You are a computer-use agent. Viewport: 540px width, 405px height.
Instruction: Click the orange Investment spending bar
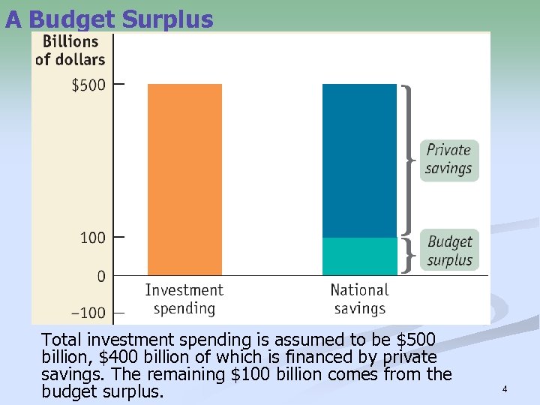point(184,179)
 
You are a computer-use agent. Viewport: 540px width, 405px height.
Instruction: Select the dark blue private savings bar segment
point(359,160)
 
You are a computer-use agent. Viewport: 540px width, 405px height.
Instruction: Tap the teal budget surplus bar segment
point(359,256)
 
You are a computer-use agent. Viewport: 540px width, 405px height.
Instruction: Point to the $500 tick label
point(88,85)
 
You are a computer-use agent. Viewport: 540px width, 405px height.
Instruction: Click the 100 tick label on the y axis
point(93,238)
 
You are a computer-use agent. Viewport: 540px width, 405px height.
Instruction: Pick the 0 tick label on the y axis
point(100,276)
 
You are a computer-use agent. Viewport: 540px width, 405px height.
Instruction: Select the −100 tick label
point(89,313)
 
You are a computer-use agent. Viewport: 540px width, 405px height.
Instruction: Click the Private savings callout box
point(448,159)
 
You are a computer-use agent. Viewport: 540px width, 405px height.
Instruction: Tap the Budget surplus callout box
point(449,250)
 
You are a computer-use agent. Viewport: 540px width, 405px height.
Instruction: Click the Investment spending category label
point(184,298)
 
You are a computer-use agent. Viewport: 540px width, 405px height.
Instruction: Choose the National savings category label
point(359,298)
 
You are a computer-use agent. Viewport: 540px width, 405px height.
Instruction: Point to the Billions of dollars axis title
point(70,50)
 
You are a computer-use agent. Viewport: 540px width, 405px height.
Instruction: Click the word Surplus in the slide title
point(169,19)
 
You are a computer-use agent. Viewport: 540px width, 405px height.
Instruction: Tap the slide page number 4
point(505,389)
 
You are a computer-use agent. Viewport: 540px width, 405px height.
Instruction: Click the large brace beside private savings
point(409,159)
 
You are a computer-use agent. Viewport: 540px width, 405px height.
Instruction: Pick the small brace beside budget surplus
point(407,256)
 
